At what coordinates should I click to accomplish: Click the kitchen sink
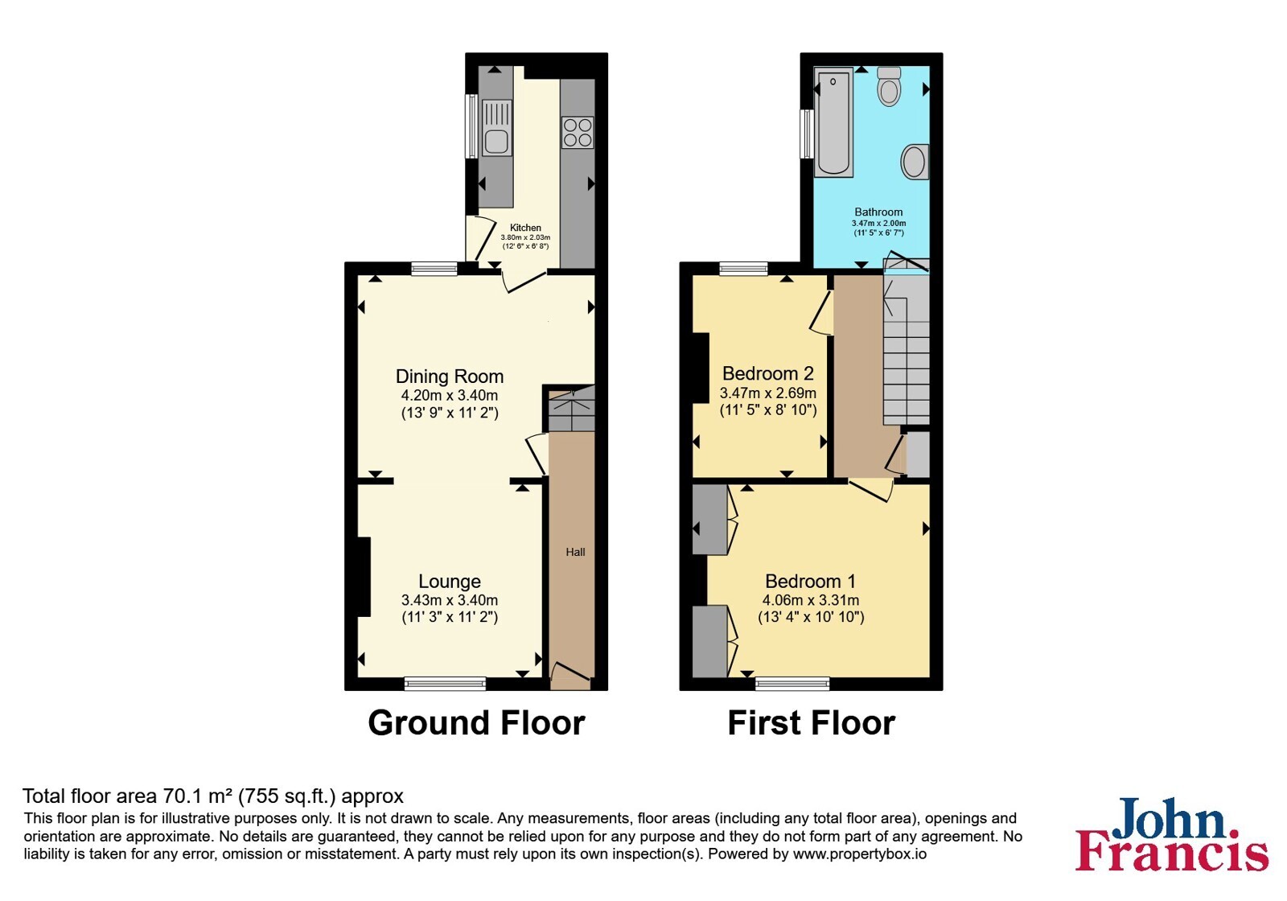[496, 128]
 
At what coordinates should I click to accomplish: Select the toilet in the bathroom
[889, 86]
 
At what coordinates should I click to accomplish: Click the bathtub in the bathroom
[833, 124]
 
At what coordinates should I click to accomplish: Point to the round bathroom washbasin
[914, 161]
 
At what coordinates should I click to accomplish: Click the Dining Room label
[450, 376]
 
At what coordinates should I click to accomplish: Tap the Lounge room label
[450, 581]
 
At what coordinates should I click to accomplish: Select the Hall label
[575, 552]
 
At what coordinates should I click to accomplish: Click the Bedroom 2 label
[767, 373]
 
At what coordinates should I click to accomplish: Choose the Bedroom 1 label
[810, 581]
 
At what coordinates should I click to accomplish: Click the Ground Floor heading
[476, 722]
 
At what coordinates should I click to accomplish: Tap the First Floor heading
[812, 722]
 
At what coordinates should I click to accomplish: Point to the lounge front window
[445, 683]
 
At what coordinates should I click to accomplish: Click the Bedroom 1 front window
[792, 683]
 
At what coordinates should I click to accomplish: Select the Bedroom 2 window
[743, 269]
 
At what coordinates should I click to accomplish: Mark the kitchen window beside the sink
[471, 125]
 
